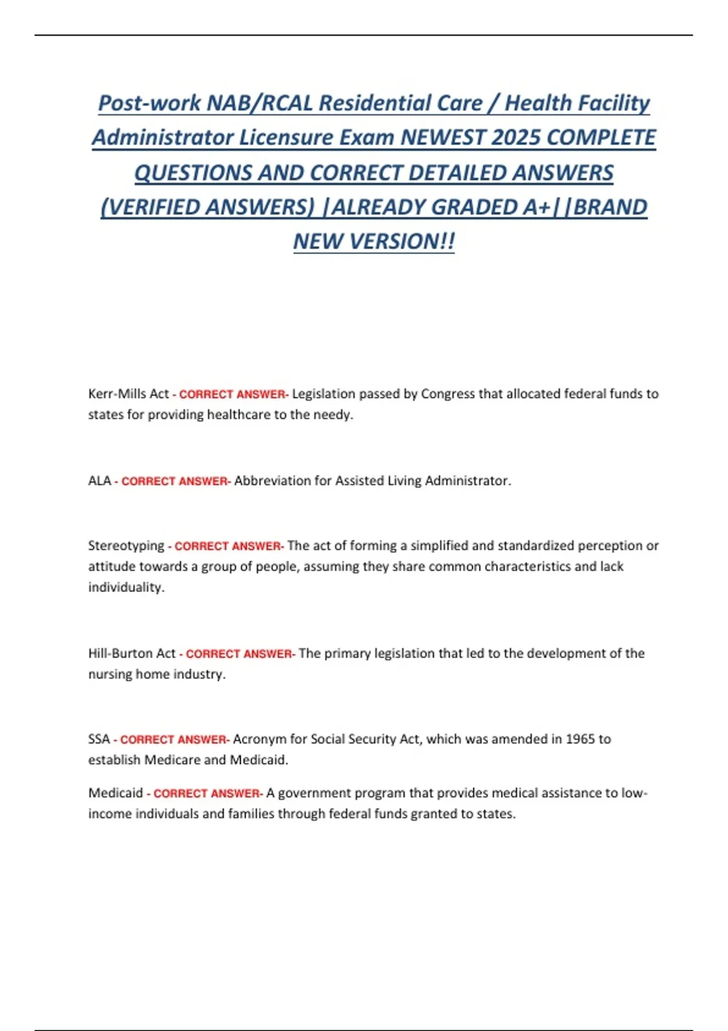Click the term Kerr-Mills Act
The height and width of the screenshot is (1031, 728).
pos(128,394)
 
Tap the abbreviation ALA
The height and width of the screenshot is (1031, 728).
pos(99,480)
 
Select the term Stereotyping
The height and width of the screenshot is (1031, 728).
pos(126,546)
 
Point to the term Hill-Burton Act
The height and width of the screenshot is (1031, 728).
pos(132,653)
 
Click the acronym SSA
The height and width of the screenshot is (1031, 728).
pos(99,739)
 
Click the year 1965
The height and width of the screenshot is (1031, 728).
pos(579,739)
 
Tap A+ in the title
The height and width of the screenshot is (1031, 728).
pos(534,207)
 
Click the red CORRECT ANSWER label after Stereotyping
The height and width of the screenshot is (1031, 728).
pos(227,546)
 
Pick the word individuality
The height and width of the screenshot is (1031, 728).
pos(126,587)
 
